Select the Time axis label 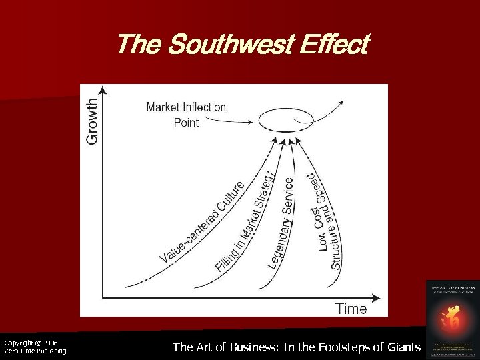(x=351, y=308)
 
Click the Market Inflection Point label (x=186, y=115)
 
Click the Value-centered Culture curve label (x=204, y=219)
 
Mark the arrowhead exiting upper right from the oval (x=341, y=101)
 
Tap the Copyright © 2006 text (x=31, y=343)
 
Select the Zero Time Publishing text (x=35, y=351)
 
